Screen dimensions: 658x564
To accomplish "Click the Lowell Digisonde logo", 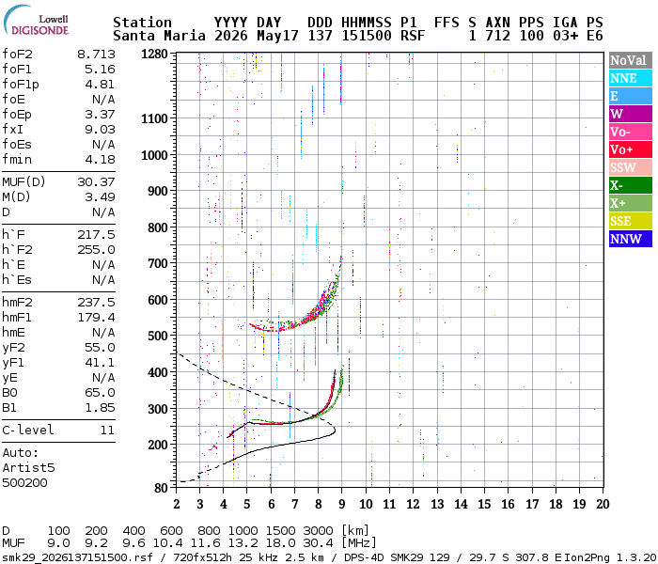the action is pos(36,21).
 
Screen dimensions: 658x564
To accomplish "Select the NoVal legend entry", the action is pos(631,60).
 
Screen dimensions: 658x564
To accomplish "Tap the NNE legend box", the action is pos(631,78).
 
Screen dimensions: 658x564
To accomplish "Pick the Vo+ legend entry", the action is pos(631,149).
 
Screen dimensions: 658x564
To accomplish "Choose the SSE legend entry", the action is pos(631,221).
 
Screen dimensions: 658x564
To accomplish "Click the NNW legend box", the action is pos(631,239).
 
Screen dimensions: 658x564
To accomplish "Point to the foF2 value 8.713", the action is pos(96,55).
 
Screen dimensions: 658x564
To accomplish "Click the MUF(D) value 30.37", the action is pos(96,181).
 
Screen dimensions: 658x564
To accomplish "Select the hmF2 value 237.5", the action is pos(96,302).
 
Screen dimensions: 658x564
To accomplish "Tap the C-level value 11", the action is pos(107,431).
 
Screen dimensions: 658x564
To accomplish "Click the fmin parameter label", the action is pos(17,160).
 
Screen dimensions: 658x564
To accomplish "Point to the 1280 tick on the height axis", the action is pos(154,55).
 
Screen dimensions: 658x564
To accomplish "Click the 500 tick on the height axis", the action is pos(158,337).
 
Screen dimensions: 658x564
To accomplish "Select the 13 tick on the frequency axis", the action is pos(437,504).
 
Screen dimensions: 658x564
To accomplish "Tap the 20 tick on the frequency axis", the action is pos(603,504).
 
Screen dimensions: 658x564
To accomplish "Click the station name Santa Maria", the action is pos(159,36).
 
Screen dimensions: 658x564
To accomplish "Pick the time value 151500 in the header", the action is pos(367,36).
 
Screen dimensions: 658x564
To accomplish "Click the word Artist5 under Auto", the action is pos(28,467).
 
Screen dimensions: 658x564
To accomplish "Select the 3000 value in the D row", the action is pos(318,530).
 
